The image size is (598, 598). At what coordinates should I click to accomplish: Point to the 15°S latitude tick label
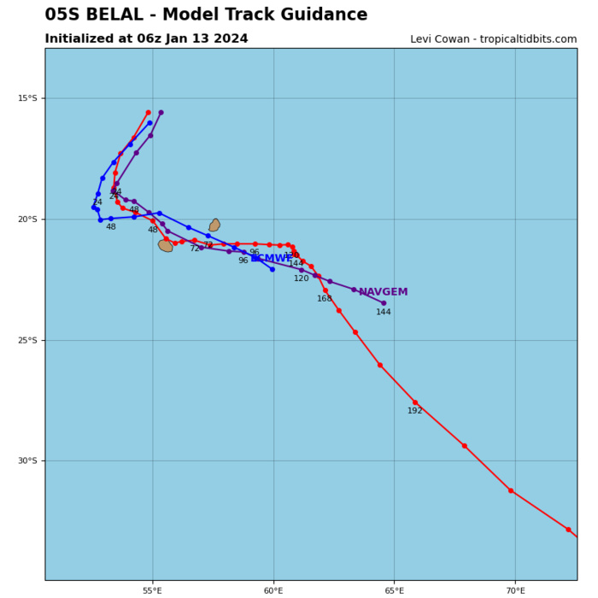(27, 98)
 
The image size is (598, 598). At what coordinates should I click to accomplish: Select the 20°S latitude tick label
(27, 220)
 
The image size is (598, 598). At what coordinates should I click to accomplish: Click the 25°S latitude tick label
(27, 340)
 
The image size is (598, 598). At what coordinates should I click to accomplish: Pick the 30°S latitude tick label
(27, 461)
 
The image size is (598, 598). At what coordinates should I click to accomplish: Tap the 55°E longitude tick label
(152, 590)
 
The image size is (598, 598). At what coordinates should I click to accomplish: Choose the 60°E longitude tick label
(273, 590)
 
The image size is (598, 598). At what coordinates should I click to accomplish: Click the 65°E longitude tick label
(394, 590)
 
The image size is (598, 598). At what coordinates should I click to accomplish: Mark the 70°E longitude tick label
(515, 590)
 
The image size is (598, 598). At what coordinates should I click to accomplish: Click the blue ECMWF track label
(273, 259)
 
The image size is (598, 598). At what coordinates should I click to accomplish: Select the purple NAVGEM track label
(383, 292)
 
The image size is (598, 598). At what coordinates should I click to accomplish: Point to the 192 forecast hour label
(415, 411)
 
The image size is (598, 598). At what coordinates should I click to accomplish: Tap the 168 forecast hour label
(325, 299)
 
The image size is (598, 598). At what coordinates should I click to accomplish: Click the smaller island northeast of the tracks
(214, 226)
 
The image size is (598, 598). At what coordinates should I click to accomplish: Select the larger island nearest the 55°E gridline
(166, 246)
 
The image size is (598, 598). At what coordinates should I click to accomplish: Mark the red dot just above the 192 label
(415, 402)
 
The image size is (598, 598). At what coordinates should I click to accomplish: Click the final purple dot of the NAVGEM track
(384, 303)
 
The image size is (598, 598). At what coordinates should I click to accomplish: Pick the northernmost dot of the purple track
(161, 113)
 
